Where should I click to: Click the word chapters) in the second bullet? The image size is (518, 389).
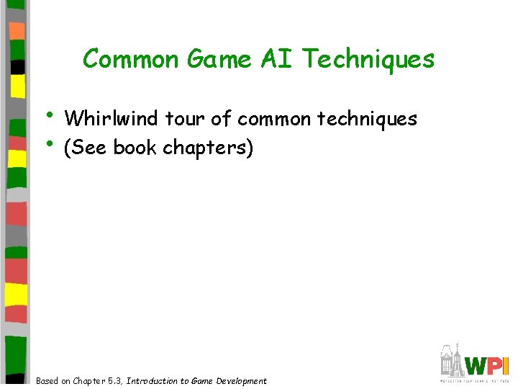[x=208, y=148]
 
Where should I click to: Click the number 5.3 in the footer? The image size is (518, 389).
[x=113, y=381]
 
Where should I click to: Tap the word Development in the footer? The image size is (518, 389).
[x=239, y=381]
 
